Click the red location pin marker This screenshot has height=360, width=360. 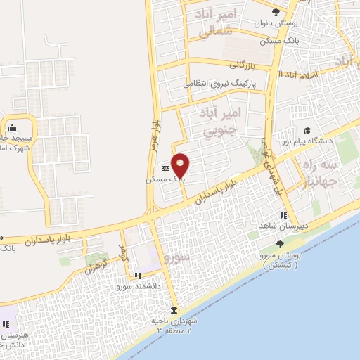coord(181,165)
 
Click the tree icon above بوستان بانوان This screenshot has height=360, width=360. coord(275,12)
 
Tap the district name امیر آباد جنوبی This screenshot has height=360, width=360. coord(219,120)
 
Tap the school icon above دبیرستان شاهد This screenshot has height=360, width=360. coord(283,215)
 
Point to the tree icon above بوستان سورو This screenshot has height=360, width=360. coord(281,244)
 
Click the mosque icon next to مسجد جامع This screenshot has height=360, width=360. coord(12,128)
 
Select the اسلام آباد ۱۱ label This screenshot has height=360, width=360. coord(298,75)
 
